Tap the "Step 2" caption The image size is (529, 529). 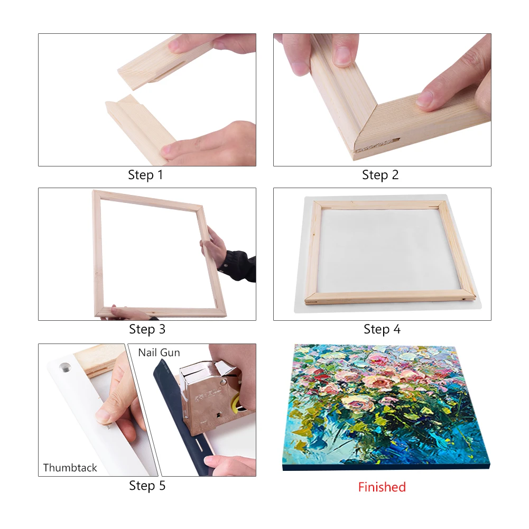pyautogui.click(x=380, y=175)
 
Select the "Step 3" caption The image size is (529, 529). pyautogui.click(x=147, y=329)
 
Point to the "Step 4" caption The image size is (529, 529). pyautogui.click(x=382, y=329)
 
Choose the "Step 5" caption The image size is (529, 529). pyautogui.click(x=147, y=486)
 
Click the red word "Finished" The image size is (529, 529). pyautogui.click(x=382, y=487)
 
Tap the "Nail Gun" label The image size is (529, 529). pyautogui.click(x=159, y=352)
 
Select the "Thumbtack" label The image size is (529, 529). pyautogui.click(x=70, y=468)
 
